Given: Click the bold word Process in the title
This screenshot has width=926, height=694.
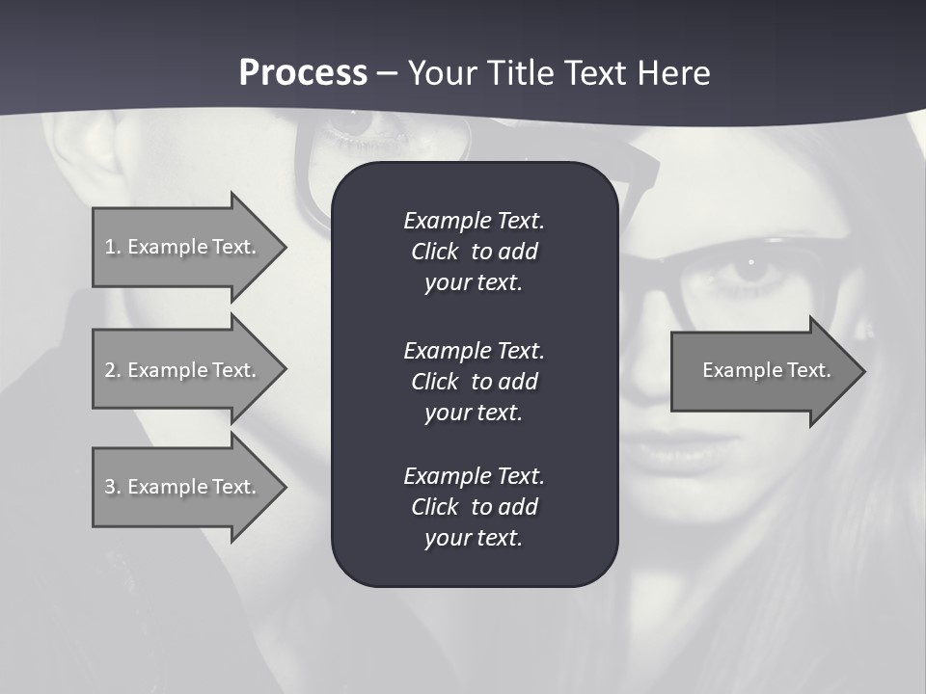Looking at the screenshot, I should pos(303,73).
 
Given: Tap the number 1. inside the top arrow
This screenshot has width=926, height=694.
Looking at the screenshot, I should pos(113,247).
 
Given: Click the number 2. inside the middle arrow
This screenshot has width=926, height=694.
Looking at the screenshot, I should pos(113,370).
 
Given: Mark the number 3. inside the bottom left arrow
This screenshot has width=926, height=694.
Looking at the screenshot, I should pos(113,487).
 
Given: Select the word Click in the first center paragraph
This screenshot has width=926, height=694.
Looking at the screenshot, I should pos(435,252).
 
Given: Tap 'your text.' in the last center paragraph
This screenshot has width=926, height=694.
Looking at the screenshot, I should pos(474,538).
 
